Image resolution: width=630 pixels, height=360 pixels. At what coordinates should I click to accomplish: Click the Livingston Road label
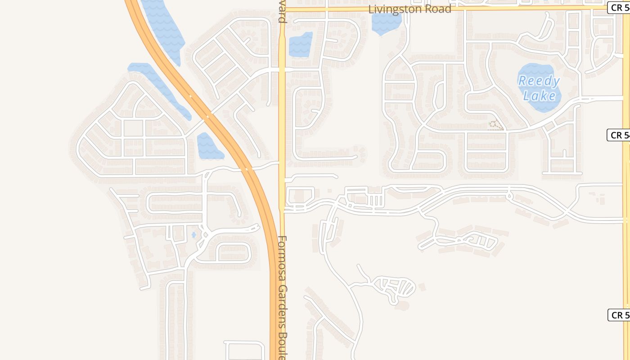[409, 9]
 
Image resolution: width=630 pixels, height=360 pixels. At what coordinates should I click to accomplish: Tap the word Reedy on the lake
[539, 81]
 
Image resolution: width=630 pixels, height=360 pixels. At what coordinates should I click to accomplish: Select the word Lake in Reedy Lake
[540, 96]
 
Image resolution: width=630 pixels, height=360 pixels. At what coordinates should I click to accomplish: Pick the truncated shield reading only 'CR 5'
[619, 315]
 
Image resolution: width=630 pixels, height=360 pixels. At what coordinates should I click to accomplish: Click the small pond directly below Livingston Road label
[386, 23]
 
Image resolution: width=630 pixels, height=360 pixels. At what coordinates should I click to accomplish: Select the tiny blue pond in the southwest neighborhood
[193, 234]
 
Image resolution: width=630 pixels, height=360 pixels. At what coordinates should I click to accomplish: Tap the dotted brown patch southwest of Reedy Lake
[496, 125]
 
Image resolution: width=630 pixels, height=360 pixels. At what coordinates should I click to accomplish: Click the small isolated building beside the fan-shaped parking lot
[422, 287]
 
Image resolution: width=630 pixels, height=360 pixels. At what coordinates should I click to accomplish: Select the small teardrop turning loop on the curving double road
[509, 195]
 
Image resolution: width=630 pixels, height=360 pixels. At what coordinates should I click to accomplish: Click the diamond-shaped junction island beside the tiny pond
[205, 234]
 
